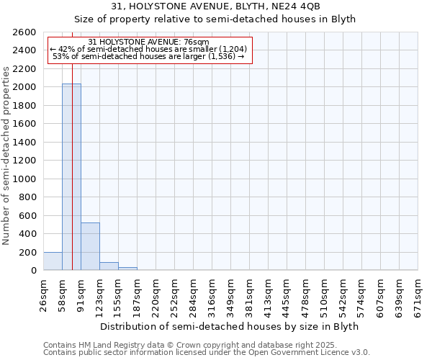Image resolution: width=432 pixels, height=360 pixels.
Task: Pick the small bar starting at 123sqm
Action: (x=109, y=266)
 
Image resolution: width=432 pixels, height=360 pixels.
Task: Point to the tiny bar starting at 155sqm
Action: (x=127, y=269)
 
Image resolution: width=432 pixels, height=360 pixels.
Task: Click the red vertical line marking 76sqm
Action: (x=73, y=144)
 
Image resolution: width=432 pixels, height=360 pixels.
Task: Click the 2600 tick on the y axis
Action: (x=26, y=32)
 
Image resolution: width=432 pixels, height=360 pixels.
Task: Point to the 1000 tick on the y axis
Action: (x=26, y=179)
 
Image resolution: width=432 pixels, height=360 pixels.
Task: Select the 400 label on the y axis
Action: (x=29, y=234)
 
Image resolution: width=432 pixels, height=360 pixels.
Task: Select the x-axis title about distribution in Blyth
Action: (x=230, y=326)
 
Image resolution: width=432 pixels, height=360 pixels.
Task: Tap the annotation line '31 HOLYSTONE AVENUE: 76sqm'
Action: (x=150, y=42)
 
